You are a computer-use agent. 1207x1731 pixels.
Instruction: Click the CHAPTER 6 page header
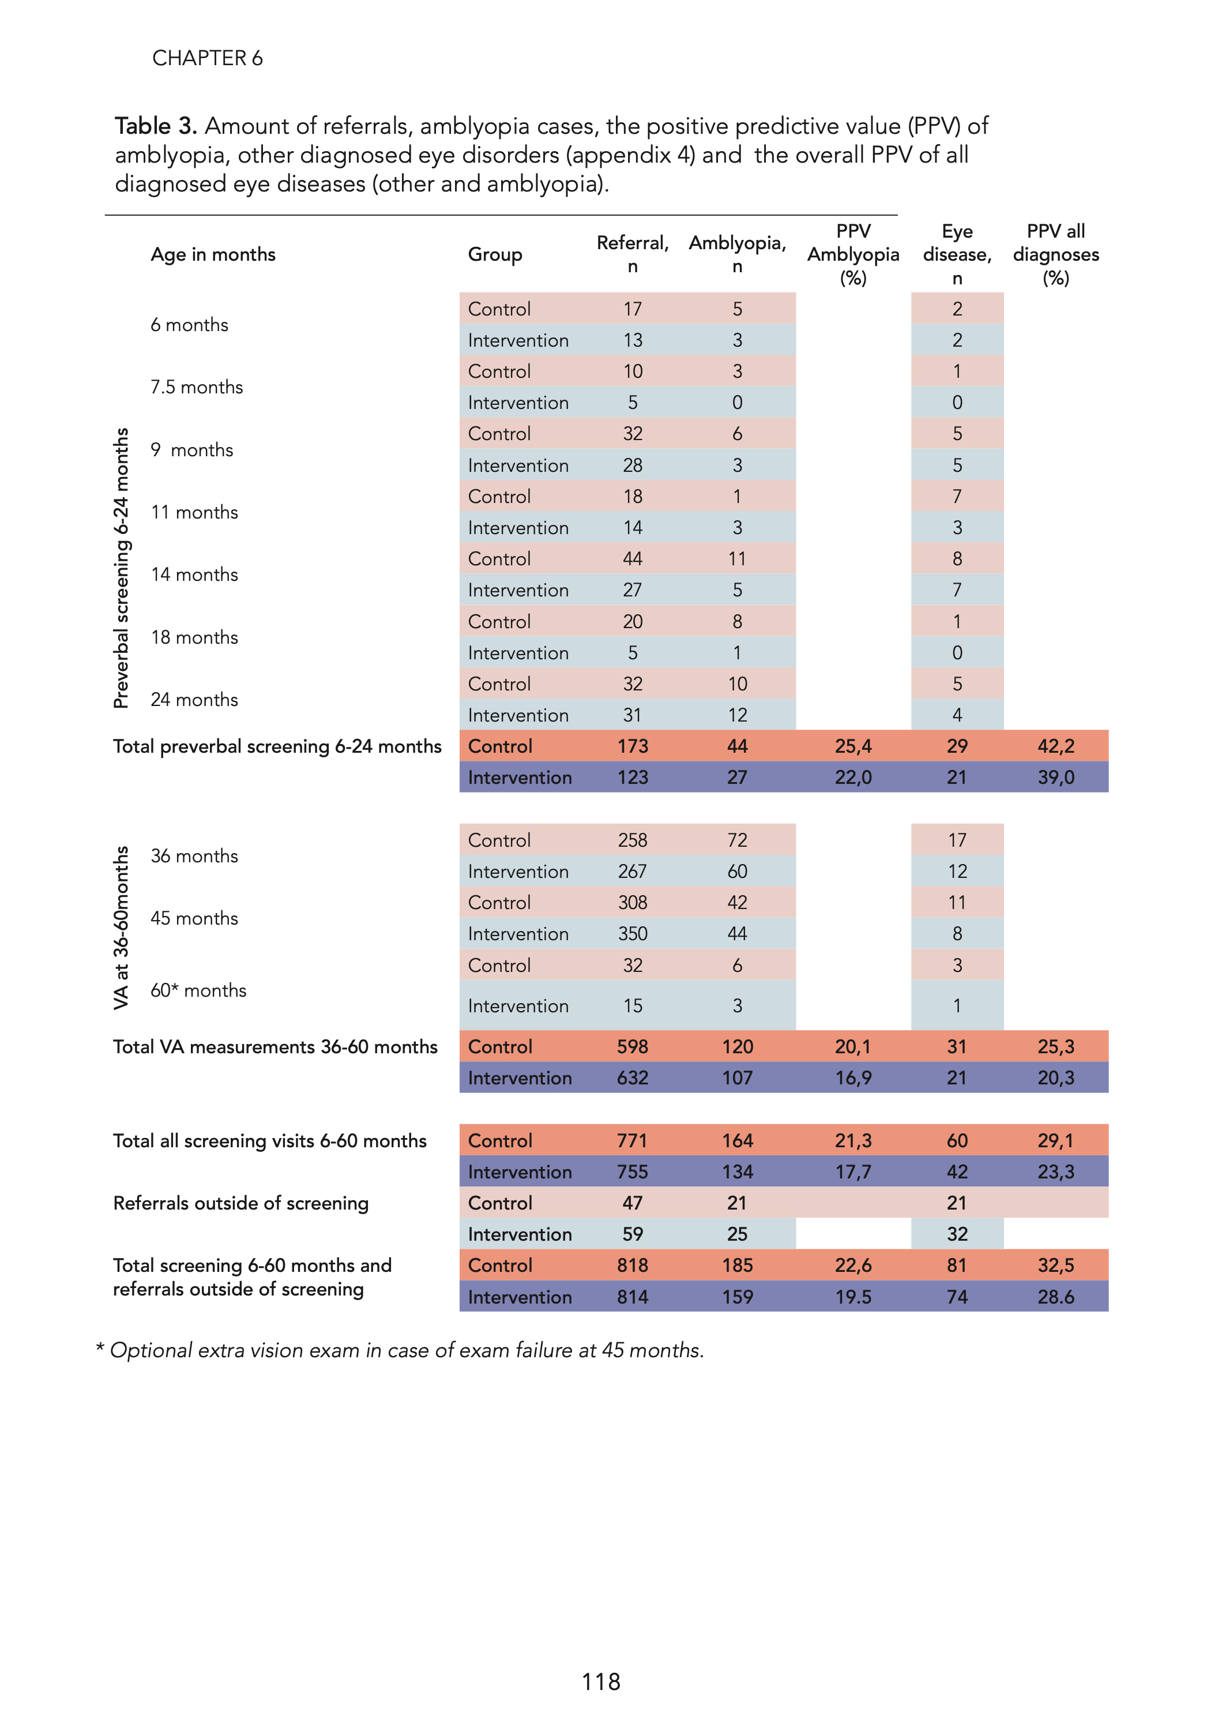[208, 58]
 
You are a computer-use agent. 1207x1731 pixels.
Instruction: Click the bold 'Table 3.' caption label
[155, 126]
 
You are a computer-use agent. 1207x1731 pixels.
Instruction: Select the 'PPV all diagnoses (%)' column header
[1055, 255]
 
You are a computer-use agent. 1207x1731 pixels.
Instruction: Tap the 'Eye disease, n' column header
[956, 255]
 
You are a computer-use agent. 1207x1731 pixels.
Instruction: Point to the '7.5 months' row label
[197, 388]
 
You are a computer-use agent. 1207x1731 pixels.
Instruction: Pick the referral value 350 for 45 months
[633, 934]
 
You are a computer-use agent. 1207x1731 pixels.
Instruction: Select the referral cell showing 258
[633, 840]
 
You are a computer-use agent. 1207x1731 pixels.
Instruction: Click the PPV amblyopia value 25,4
[853, 746]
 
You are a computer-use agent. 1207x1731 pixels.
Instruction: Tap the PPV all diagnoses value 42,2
[1055, 746]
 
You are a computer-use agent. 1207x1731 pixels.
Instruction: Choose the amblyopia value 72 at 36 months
[736, 840]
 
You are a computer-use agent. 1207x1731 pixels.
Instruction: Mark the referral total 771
[632, 1141]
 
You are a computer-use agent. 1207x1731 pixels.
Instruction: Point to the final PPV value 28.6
[1055, 1297]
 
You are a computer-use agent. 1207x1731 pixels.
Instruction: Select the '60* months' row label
[198, 990]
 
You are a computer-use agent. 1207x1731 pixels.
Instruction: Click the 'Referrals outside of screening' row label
[240, 1203]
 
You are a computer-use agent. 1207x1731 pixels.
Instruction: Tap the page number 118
[601, 1682]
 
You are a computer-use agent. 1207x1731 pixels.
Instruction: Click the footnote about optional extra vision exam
[400, 1350]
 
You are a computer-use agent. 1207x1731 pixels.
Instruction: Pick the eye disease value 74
[956, 1297]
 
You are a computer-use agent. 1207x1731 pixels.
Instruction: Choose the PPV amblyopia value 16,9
[853, 1078]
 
